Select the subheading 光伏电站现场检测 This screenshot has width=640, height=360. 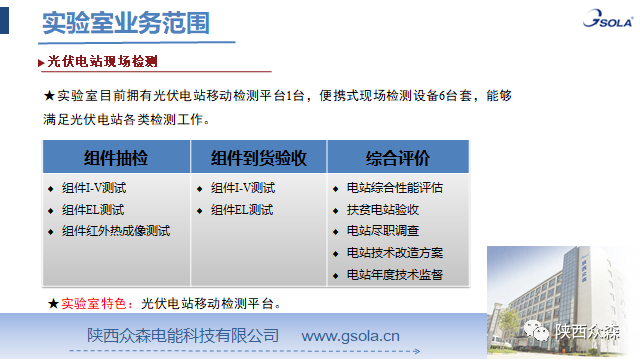(103, 61)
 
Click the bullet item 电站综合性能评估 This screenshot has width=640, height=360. (393, 187)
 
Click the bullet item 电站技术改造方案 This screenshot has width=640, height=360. (393, 252)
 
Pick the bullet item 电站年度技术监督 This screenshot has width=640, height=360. (393, 274)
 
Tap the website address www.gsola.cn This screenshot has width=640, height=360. (351, 334)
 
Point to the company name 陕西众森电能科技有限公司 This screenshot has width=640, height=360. (182, 334)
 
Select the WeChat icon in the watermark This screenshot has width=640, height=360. (540, 332)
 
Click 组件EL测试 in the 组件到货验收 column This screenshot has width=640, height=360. (242, 209)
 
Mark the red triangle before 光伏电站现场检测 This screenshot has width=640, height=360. (41, 62)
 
